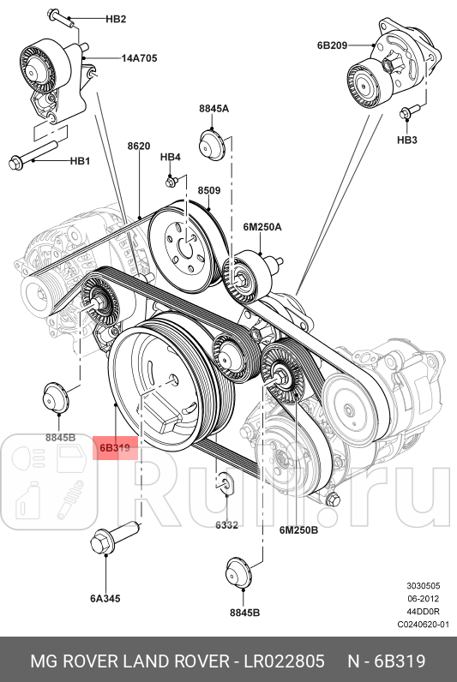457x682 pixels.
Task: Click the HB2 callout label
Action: point(115,19)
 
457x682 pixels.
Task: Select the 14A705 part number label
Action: point(138,59)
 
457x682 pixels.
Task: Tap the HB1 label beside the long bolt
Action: point(80,160)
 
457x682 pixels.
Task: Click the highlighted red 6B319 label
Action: point(114,447)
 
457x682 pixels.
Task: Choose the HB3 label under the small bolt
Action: point(406,139)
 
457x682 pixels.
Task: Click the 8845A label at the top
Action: point(213,109)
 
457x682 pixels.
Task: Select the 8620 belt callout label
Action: point(139,147)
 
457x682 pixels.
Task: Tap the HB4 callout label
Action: point(171,158)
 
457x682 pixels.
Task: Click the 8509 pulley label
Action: point(208,190)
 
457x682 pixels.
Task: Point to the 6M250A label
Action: point(262,227)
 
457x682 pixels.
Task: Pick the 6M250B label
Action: point(298,530)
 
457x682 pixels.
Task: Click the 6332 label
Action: point(226,525)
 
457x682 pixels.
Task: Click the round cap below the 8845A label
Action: point(211,143)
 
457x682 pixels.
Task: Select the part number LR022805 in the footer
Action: point(285,661)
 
